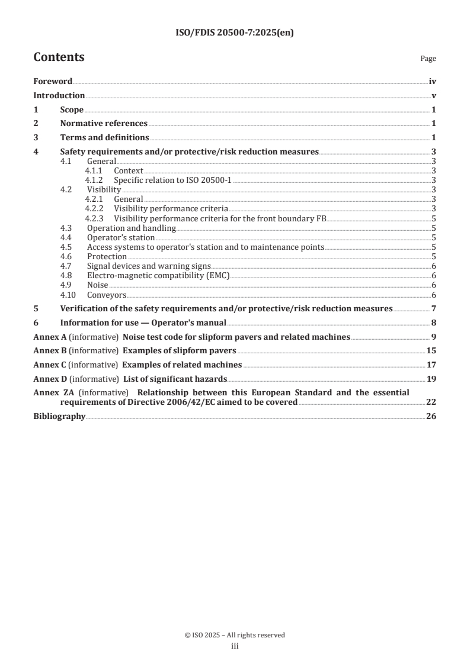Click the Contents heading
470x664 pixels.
pyautogui.click(x=59, y=57)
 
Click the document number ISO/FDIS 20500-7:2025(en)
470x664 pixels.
pyautogui.click(x=235, y=33)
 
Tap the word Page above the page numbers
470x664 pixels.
pyautogui.click(x=428, y=59)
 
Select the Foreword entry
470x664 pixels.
pyautogui.click(x=53, y=82)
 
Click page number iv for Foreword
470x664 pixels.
pyautogui.click(x=433, y=82)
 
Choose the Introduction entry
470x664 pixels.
pyautogui.click(x=59, y=96)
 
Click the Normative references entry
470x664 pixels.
pyautogui.click(x=104, y=124)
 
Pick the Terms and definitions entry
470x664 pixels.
pyautogui.click(x=104, y=138)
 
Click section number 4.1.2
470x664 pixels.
pyautogui.click(x=94, y=180)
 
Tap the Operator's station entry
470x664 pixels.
pyautogui.click(x=121, y=237)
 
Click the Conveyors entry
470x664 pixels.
pyautogui.click(x=107, y=294)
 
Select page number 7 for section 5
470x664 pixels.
pyautogui.click(x=434, y=309)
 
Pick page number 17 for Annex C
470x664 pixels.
pyautogui.click(x=431, y=365)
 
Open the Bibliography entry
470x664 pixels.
pyautogui.click(x=59, y=417)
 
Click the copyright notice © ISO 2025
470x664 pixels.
pyautogui.click(x=235, y=635)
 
